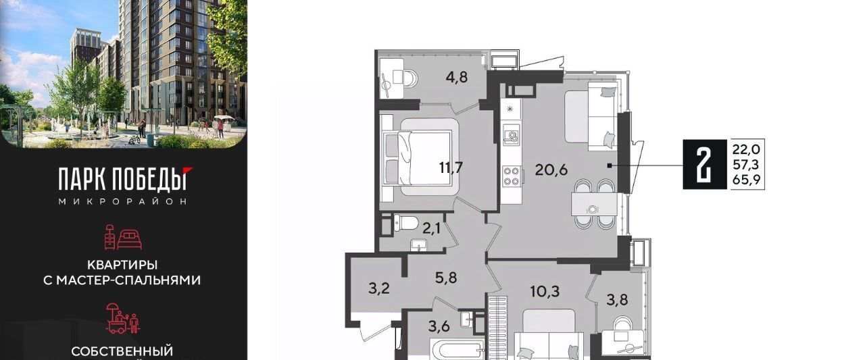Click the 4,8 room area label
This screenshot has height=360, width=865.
[456, 77]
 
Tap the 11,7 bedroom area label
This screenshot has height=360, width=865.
[451, 168]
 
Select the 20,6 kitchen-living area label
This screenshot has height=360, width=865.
[551, 170]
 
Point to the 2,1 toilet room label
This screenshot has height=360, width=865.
[431, 229]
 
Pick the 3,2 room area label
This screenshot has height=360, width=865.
[379, 288]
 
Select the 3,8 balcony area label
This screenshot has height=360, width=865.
[617, 299]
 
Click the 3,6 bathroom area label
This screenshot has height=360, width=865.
[439, 327]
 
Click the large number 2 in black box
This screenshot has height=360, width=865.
[705, 165]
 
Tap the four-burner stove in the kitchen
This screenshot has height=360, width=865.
[512, 176]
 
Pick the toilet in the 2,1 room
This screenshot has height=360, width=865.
[406, 223]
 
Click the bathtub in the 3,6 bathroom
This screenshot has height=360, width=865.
[458, 349]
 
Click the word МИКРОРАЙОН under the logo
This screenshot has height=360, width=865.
[123, 201]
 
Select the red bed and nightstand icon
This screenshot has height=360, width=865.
[123, 237]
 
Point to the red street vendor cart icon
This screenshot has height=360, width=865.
[123, 318]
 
